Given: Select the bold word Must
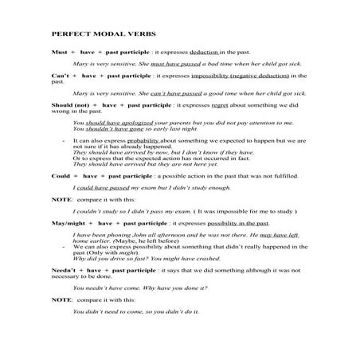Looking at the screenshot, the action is point(58,50).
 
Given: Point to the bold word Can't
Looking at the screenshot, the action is point(60,76).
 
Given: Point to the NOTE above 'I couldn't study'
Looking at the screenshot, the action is point(60,198).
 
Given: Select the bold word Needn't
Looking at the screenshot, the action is point(63,271).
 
